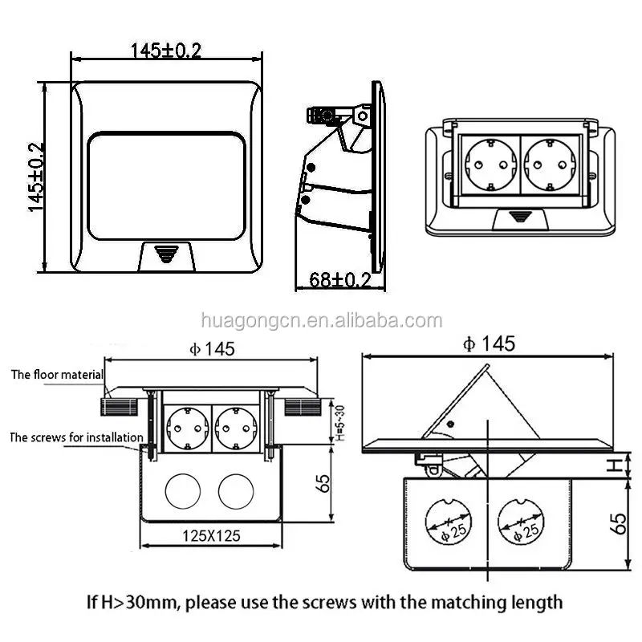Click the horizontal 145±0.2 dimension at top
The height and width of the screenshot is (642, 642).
(x=166, y=50)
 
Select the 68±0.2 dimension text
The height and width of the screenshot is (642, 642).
(x=339, y=279)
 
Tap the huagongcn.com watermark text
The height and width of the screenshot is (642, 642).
(x=321, y=322)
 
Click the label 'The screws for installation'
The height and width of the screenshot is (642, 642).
(x=75, y=438)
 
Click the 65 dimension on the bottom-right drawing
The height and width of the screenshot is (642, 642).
(x=619, y=522)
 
